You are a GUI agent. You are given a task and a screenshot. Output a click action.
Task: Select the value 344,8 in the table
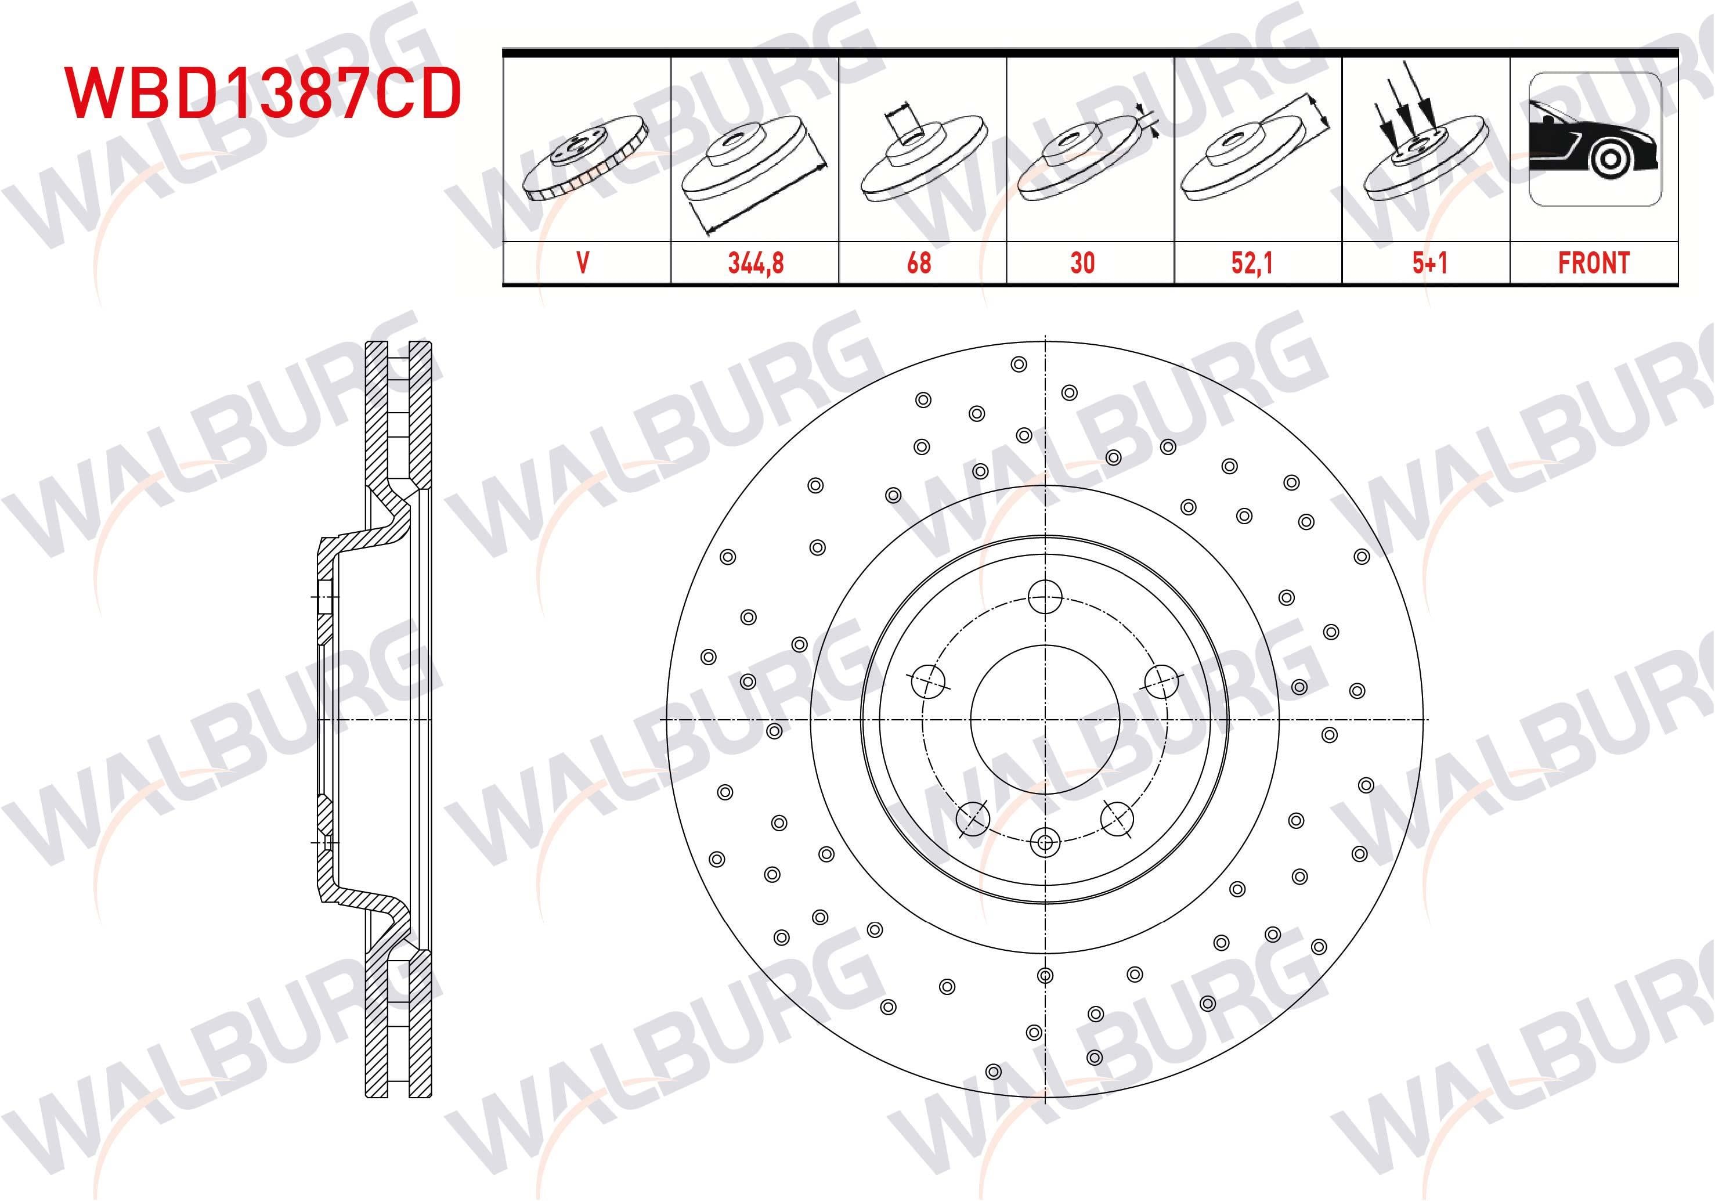[x=755, y=263]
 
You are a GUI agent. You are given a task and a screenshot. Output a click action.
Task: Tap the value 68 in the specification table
[x=919, y=263]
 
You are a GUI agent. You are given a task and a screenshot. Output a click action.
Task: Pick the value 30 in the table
[x=1082, y=263]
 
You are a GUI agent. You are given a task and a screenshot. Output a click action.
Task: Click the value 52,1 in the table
[x=1252, y=263]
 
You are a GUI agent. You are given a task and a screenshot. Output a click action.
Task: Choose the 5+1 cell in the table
[x=1429, y=263]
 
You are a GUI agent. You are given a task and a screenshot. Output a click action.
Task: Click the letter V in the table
[x=583, y=263]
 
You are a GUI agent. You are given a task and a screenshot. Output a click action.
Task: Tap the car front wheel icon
[x=1594, y=139]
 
